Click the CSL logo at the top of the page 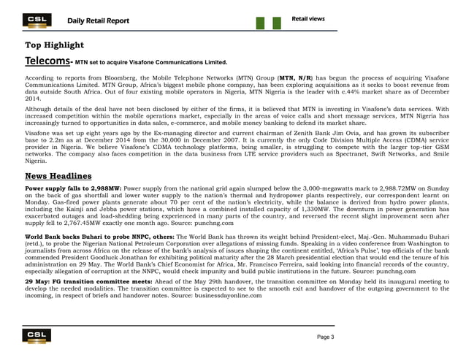pos(34,20)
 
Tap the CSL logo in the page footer pos(34,335)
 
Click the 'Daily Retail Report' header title pos(99,20)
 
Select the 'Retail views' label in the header pos(308,18)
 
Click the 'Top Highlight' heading pos(55,45)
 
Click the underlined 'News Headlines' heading pos(58,176)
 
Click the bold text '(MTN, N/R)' pos(297,76)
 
